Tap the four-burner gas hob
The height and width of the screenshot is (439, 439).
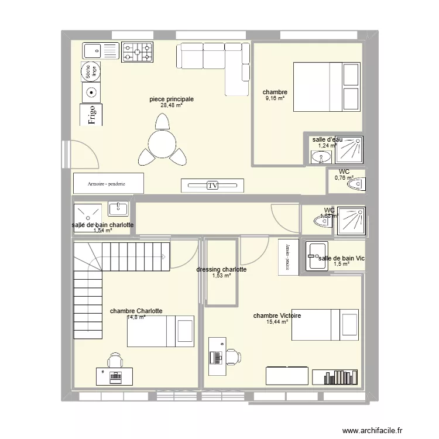(x=138, y=52)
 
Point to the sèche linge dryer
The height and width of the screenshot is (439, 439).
(x=91, y=71)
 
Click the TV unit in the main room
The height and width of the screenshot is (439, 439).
(x=212, y=186)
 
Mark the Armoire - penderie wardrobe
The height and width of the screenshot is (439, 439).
(x=108, y=183)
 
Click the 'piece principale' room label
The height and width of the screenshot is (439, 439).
(x=171, y=100)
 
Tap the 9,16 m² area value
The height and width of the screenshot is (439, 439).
(x=275, y=99)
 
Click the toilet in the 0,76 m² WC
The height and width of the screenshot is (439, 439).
(x=356, y=184)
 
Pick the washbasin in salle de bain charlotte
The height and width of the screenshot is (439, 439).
(x=118, y=209)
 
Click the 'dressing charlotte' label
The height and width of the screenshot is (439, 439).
(x=221, y=270)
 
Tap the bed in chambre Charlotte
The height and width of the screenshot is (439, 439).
(x=161, y=330)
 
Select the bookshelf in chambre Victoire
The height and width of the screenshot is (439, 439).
(x=335, y=377)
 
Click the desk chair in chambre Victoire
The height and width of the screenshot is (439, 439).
(x=233, y=356)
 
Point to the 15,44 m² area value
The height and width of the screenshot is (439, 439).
(x=277, y=321)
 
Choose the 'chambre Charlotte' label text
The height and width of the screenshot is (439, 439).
(x=136, y=311)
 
